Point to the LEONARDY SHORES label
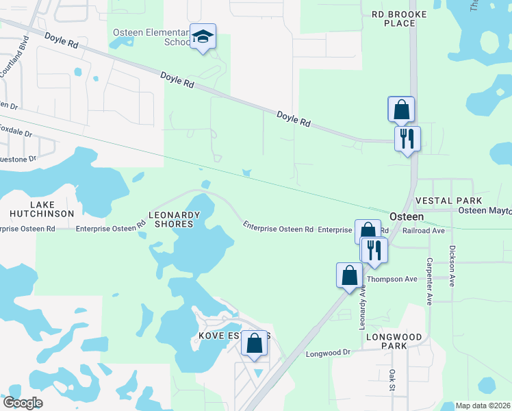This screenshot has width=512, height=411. (x=175, y=219)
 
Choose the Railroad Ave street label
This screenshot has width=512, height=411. (x=424, y=232)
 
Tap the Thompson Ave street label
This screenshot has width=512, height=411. (x=392, y=279)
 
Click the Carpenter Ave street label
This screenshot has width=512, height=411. (x=430, y=281)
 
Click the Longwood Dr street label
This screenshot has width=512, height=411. (x=328, y=353)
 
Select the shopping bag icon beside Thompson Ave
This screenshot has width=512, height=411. (x=349, y=275)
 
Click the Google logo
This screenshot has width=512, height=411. (x=23, y=403)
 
